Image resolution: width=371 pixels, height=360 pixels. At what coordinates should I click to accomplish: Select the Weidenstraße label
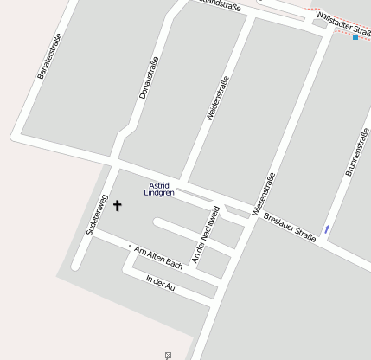point(217,98)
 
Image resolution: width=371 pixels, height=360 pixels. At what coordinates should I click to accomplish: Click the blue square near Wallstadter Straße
point(355,37)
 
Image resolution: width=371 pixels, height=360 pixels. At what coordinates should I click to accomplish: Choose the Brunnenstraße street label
point(358,151)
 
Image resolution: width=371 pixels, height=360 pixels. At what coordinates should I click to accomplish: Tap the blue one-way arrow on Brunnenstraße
point(327,228)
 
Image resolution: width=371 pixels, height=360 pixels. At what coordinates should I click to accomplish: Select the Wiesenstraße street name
point(263,195)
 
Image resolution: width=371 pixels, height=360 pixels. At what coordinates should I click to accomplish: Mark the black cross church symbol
point(118,206)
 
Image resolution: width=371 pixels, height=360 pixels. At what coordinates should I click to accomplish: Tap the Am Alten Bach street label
point(158,255)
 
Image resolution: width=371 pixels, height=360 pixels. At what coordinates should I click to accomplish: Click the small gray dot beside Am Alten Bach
point(130,246)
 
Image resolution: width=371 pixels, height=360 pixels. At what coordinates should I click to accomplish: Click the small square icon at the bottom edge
point(169,355)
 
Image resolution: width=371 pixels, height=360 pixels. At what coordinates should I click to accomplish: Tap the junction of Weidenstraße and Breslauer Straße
point(182,183)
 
